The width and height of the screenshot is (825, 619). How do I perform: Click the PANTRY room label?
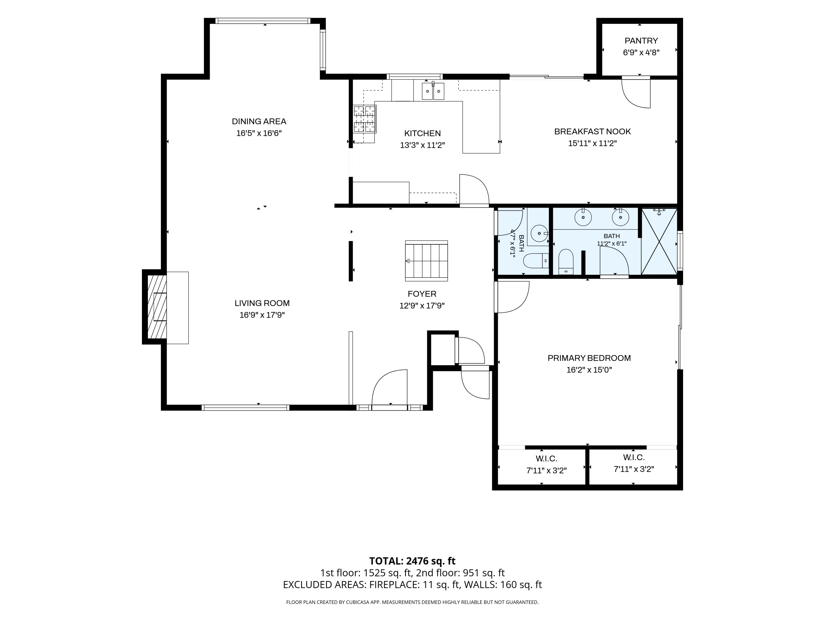pos(641,41)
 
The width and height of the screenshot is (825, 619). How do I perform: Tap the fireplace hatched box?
pos(157,307)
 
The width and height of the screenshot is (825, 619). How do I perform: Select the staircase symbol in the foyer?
pos(426,261)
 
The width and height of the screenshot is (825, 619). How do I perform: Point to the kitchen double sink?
pos(433,91)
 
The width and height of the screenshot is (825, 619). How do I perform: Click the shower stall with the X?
pos(659,241)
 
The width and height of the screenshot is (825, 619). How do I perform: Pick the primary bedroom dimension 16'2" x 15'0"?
pos(589,370)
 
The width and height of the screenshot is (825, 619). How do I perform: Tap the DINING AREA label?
pos(259,121)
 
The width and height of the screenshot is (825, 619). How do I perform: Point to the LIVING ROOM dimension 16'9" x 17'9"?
pos(262,315)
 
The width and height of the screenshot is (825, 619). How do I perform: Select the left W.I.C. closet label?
pos(546,459)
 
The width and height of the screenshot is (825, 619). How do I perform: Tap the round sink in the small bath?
pos(539,234)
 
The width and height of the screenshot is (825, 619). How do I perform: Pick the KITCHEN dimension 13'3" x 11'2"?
pos(423,145)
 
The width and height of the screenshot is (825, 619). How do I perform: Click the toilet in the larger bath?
pos(566,262)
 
